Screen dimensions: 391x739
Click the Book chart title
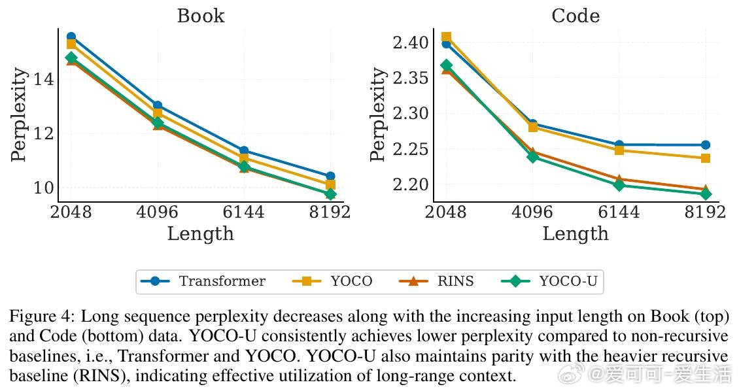[200, 16]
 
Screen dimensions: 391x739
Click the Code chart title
[576, 16]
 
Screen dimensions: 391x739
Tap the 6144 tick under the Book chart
[244, 212]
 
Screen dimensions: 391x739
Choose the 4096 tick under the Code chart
[531, 212]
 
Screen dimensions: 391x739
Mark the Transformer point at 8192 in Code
[705, 145]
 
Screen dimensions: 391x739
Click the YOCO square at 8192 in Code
[705, 158]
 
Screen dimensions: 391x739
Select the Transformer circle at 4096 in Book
[158, 105]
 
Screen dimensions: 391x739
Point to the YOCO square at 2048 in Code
[446, 37]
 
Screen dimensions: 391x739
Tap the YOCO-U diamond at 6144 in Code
[619, 185]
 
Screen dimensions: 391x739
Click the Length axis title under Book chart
[200, 234]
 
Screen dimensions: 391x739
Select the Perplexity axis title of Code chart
[379, 114]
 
